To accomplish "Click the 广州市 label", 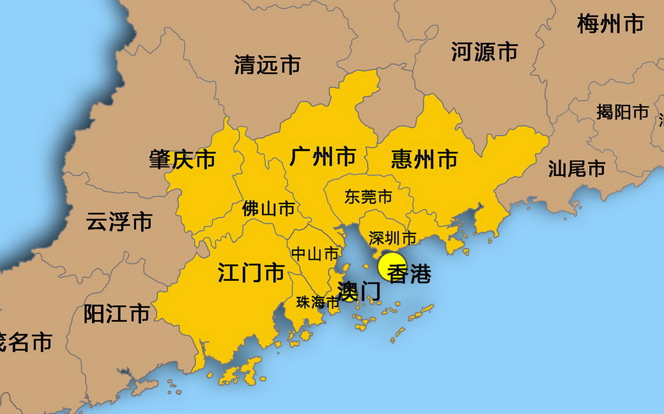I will tap(323, 156).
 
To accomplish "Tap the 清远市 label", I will tap(267, 65).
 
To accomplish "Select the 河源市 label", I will tap(484, 51).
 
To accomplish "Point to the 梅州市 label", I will tap(610, 24).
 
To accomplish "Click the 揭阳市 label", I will tap(622, 112).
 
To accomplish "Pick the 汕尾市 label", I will tap(576, 169).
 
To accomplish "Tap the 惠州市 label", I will tap(424, 159).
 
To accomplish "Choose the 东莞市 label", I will tap(368, 196).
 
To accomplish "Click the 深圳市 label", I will tap(392, 238).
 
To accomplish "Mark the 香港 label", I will tap(410, 274).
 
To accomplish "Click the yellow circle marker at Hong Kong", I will tap(390, 267).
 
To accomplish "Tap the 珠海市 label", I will tap(317, 303).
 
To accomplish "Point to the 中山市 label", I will tap(314, 254).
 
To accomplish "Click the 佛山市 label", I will tap(268, 209).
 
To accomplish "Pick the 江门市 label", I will tap(251, 274).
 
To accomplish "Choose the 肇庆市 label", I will tap(182, 159).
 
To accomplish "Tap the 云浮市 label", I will tap(119, 222).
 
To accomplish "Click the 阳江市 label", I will tap(117, 314).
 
